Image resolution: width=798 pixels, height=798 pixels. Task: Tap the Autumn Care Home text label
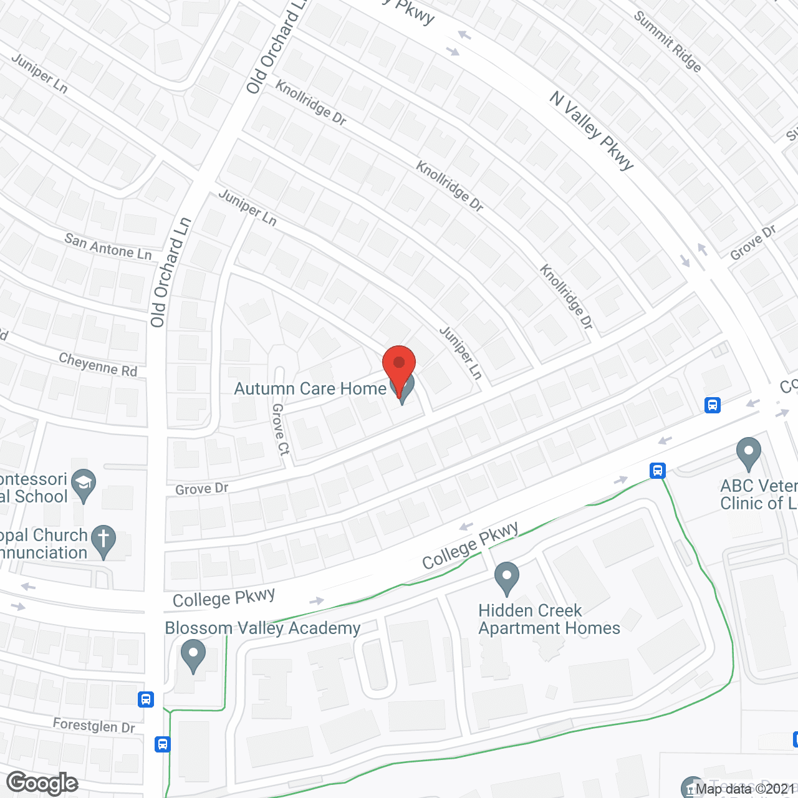[310, 389]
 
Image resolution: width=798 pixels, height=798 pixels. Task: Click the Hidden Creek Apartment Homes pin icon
[507, 578]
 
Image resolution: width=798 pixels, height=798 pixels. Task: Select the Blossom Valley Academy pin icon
[193, 655]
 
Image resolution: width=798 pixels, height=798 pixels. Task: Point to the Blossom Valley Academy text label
[262, 628]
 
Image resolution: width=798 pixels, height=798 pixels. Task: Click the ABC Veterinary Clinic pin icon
[749, 453]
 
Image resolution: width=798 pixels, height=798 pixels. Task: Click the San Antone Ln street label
[108, 247]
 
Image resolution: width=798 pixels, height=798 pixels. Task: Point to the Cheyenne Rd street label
[98, 364]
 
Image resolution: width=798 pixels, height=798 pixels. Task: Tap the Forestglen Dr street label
[94, 726]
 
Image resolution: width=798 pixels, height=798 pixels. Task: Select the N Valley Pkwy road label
[592, 130]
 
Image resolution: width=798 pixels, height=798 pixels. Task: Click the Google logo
[42, 783]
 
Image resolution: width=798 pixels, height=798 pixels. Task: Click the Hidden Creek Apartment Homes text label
[549, 619]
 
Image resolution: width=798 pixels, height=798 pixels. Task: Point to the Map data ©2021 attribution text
[746, 789]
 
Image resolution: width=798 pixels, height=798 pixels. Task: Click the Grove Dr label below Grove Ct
[201, 489]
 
